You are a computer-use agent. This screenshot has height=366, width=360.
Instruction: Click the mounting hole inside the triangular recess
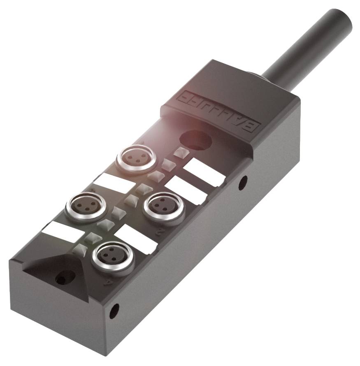62,279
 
